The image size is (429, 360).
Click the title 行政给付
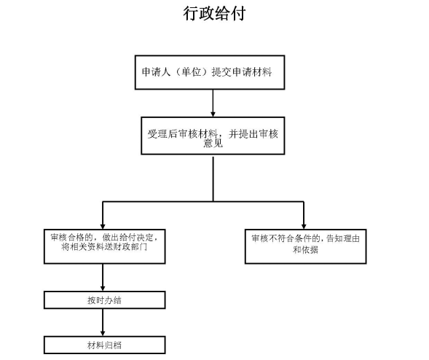[213, 15]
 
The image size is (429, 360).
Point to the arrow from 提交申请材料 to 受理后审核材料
[212, 103]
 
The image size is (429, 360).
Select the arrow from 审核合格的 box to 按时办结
[102, 277]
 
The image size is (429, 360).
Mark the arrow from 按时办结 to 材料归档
[102, 321]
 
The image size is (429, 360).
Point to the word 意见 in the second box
[213, 144]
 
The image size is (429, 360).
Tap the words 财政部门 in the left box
[133, 249]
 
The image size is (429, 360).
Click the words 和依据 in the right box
[304, 249]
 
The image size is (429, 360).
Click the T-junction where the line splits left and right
[213, 201]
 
